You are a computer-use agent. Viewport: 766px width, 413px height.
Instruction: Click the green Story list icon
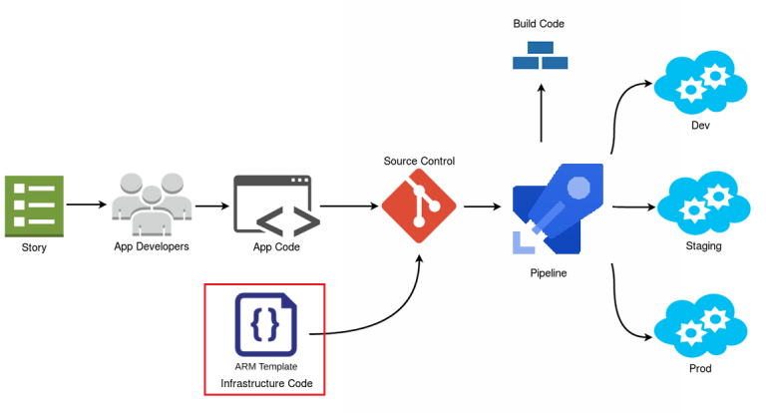coord(34,206)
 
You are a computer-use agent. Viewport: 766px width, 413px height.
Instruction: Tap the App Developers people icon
coord(152,204)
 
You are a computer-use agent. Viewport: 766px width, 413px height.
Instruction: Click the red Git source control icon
coord(419,206)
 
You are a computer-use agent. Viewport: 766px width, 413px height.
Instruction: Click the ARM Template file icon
coord(265,324)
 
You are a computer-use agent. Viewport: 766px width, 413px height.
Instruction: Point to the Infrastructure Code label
coord(265,383)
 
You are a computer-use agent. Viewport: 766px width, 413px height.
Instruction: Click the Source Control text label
coord(419,161)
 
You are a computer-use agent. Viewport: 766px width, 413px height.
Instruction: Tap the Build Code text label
coord(540,23)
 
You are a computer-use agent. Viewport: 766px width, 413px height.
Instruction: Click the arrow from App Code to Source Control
coord(349,206)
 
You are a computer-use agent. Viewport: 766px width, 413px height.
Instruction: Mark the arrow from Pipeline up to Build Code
coord(541,112)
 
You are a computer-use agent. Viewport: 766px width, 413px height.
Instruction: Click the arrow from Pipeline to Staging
coord(631,207)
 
